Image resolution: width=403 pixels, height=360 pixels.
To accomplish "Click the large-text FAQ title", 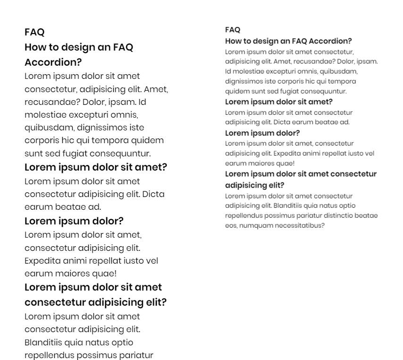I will point(34,32).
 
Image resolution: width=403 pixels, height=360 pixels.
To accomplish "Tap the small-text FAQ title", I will point(233,30).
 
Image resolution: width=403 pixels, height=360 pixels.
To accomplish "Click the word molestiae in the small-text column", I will point(247,71).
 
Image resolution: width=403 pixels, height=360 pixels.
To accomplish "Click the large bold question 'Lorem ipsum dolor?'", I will point(74,221).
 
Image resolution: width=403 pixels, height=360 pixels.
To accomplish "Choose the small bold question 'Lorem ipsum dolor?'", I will point(262,133).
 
